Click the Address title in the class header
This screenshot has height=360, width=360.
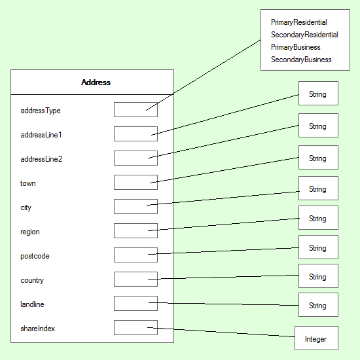(x=96, y=82)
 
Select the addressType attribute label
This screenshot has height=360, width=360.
(x=41, y=111)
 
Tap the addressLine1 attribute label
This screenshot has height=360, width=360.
(x=41, y=135)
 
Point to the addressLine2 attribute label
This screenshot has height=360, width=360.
(x=41, y=159)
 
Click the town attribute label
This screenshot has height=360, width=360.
(x=28, y=183)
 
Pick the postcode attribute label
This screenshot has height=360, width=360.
(x=35, y=256)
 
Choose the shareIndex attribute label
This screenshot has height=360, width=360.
(x=38, y=329)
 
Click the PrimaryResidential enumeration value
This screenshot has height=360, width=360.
(x=299, y=22)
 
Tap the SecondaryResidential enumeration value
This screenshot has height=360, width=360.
(x=304, y=35)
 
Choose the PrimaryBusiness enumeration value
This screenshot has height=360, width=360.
(x=296, y=47)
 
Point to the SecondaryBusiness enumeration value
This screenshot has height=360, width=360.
(x=301, y=60)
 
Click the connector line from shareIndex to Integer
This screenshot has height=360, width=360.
(x=221, y=333)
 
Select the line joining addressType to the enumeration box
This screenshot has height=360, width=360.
(x=204, y=75)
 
